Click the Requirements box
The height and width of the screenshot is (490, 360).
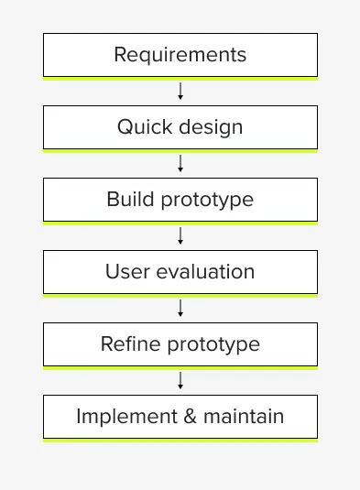[x=180, y=55]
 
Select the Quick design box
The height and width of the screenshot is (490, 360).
[x=180, y=127]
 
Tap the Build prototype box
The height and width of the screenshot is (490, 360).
[x=180, y=200]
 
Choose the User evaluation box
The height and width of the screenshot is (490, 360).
[x=180, y=272]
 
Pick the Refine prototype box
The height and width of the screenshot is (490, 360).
[x=180, y=344]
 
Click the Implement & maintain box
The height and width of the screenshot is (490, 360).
[x=180, y=417]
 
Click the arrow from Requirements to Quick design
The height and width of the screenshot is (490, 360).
[x=180, y=91]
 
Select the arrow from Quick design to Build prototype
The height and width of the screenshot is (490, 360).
[x=180, y=163]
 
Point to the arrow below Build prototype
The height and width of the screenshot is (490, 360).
[x=180, y=235]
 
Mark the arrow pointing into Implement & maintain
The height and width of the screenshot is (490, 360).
[x=180, y=380]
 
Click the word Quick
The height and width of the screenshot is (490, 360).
[x=139, y=127]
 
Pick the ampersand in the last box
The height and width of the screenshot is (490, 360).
[x=192, y=417]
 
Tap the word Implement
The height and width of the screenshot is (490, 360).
[x=128, y=418]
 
